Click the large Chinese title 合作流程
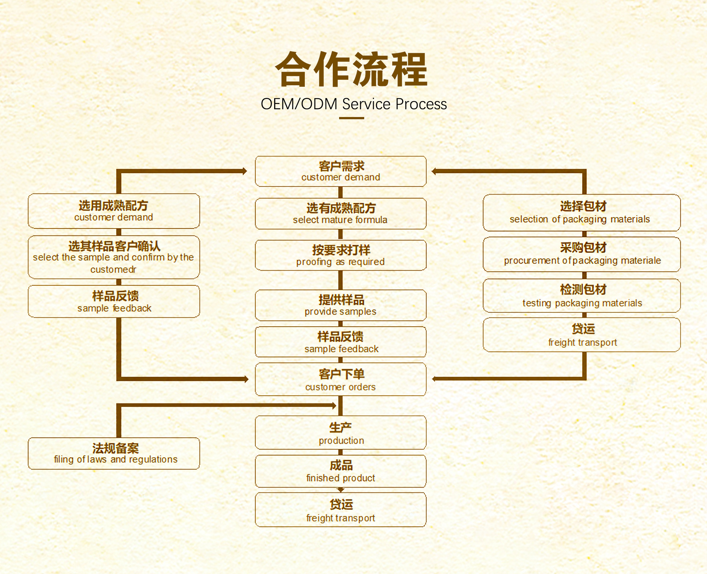351,70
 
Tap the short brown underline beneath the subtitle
351,118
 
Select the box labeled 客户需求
341,171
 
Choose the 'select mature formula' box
341,214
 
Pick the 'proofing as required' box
341,255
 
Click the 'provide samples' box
341,305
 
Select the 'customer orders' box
341,379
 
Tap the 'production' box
341,433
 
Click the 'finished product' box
341,471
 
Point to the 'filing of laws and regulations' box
114,454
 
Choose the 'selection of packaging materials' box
582,213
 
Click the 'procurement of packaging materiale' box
582,254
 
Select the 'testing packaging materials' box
582,296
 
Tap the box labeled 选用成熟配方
114,211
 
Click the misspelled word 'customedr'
113,270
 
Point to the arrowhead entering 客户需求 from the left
244,171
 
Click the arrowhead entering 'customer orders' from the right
435,379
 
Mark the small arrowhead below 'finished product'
341,490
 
